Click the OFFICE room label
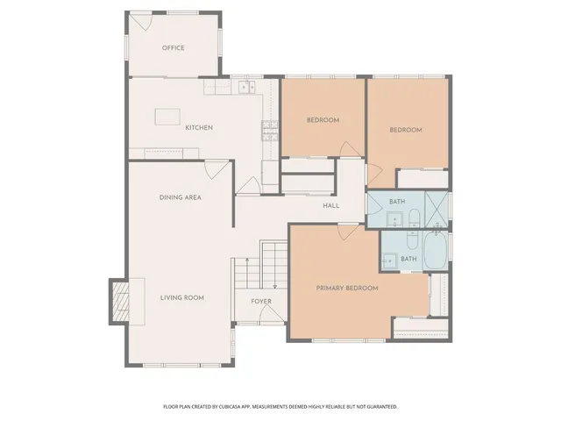174,48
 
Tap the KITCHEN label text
199,128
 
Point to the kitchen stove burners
269,132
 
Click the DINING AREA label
181,197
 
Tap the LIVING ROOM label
181,298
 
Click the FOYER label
261,302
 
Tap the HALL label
330,206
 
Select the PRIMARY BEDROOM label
347,289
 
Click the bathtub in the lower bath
436,253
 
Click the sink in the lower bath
387,261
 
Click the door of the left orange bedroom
348,150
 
